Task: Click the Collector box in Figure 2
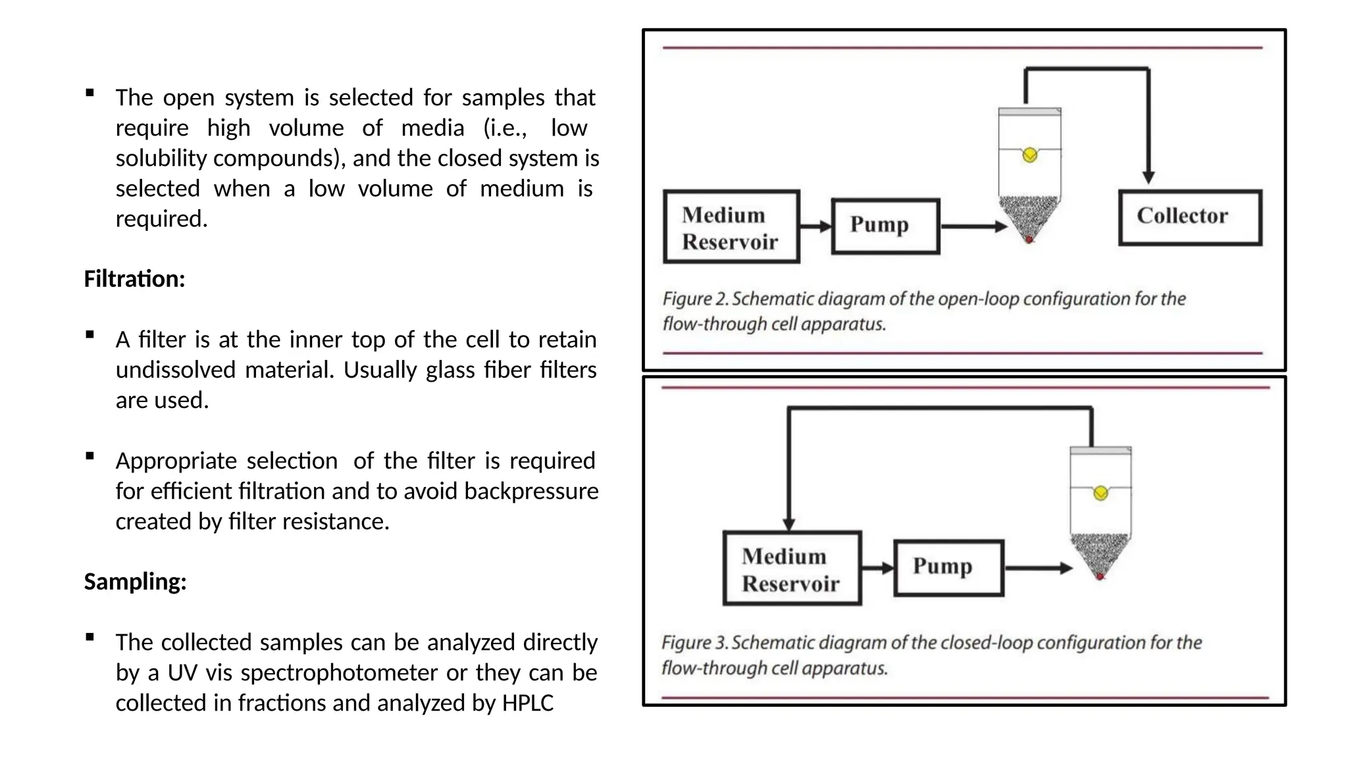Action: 1190,218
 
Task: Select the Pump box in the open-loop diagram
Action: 885,226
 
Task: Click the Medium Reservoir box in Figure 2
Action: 731,227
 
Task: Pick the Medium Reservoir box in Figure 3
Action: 792,568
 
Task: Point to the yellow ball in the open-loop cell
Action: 1030,155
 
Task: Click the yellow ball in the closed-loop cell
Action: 1101,493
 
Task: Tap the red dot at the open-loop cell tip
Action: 1029,240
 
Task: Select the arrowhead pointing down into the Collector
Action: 1149,178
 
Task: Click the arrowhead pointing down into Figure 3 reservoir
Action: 789,524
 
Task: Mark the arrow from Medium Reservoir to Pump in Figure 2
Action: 816,226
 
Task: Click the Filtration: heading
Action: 134,279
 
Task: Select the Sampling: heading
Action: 135,582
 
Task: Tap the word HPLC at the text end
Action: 528,703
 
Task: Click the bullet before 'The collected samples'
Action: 90,637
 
